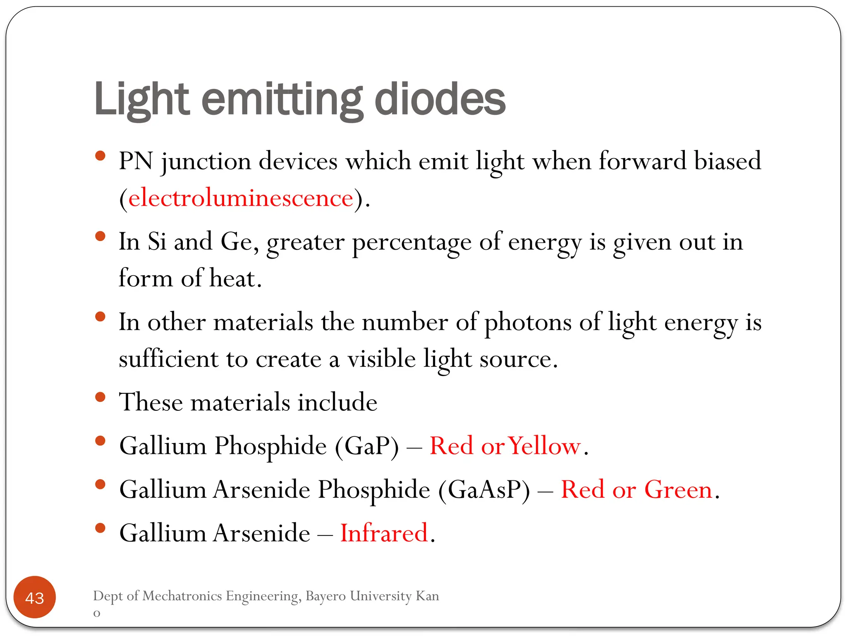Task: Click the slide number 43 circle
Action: click(x=35, y=597)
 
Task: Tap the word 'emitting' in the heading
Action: click(x=282, y=100)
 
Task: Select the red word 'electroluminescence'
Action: click(x=241, y=198)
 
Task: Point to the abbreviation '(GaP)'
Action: click(x=367, y=446)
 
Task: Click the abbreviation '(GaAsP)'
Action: click(x=484, y=490)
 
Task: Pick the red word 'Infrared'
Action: click(x=384, y=533)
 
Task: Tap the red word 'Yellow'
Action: click(x=545, y=446)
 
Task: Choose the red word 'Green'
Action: click(x=678, y=490)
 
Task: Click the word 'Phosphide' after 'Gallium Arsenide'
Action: click(x=374, y=490)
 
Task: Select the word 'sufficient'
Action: click(x=168, y=359)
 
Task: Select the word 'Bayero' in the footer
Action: click(x=325, y=596)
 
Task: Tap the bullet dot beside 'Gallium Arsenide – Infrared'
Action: click(x=100, y=528)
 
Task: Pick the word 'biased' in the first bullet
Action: click(x=727, y=161)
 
